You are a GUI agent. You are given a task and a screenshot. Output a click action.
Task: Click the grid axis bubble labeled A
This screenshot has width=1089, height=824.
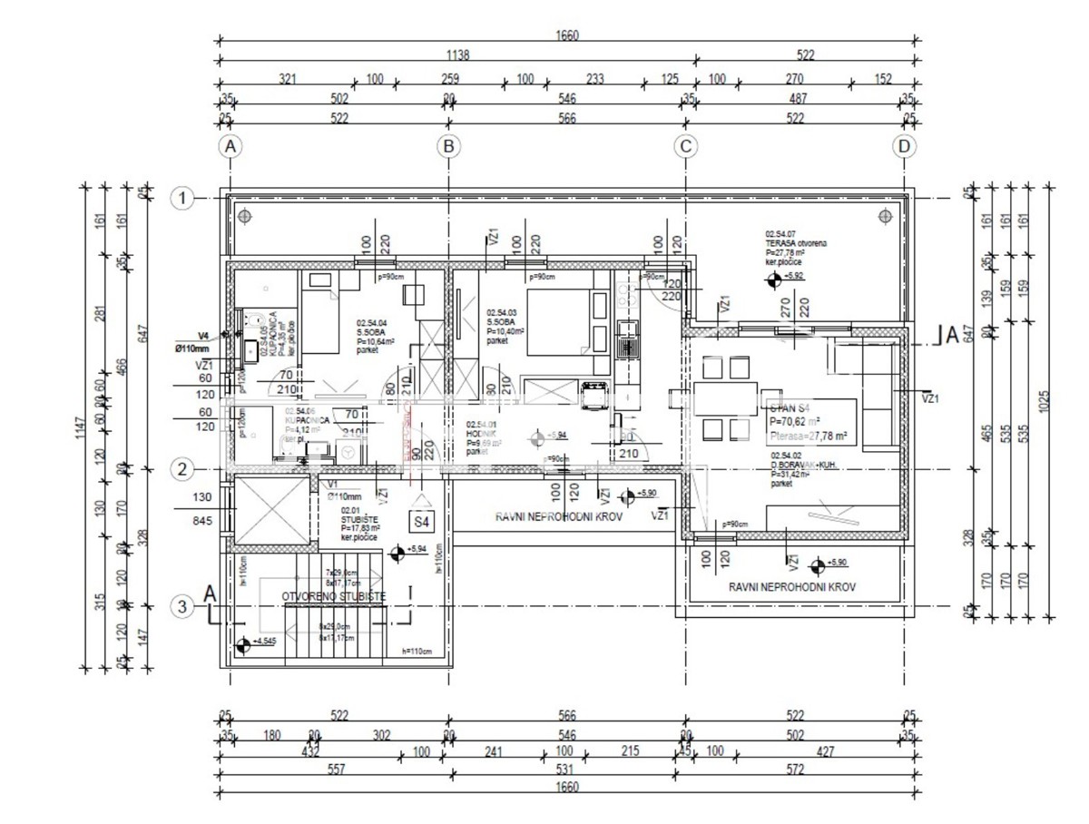click(x=231, y=146)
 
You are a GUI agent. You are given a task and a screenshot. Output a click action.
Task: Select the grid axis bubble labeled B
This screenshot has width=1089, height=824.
click(x=447, y=146)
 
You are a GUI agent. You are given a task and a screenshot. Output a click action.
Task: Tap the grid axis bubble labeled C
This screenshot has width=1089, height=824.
click(x=686, y=146)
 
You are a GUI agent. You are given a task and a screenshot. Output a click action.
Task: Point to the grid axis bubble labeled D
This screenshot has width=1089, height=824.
click(x=904, y=146)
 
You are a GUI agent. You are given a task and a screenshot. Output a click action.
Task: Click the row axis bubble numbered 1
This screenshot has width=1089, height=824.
click(x=183, y=198)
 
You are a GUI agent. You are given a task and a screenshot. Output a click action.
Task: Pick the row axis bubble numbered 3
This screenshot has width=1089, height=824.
click(x=183, y=606)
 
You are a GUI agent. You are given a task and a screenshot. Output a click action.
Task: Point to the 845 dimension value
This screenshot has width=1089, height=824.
click(x=203, y=521)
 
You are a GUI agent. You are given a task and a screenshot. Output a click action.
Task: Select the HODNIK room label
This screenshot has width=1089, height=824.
click(x=481, y=435)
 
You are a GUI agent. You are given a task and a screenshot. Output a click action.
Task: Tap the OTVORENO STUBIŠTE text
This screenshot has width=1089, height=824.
click(x=334, y=596)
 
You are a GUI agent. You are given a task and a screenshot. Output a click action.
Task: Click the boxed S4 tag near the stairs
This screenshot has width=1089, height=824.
click(x=422, y=522)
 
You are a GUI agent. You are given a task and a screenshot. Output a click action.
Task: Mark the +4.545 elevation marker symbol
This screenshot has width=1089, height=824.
click(x=242, y=646)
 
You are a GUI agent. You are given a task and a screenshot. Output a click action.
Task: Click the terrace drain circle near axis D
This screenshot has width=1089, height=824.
click(x=885, y=215)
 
